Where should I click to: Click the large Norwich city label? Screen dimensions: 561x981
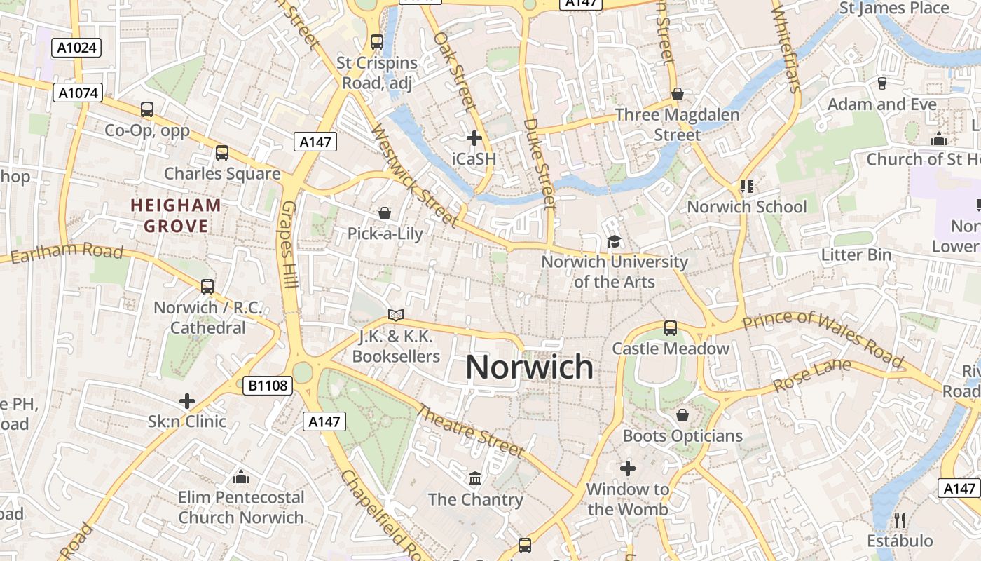pos(529,367)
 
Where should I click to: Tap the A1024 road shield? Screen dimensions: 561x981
pos(77,48)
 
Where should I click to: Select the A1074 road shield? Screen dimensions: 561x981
pos(78,93)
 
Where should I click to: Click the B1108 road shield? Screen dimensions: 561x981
pos(267,385)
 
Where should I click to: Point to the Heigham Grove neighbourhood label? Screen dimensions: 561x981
pos(176,216)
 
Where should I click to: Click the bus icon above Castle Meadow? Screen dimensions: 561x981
pos(670,327)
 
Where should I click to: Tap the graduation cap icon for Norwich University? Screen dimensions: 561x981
pos(614,241)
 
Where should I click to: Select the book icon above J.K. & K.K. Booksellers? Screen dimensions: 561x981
pos(396,315)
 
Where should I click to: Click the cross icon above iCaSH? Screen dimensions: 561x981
pos(474,137)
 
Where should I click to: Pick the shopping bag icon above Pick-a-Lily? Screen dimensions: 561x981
pos(384,212)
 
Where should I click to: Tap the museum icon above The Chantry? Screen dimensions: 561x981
pos(475,478)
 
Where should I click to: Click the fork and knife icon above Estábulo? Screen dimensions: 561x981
pos(900,520)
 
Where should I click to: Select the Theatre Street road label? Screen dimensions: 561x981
pos(470,431)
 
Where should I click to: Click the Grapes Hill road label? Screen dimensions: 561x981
pos(289,245)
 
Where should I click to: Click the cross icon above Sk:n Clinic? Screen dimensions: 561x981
pos(186,401)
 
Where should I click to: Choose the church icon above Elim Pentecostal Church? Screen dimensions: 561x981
pos(241,477)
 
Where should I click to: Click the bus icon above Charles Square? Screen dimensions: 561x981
pos(221,152)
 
